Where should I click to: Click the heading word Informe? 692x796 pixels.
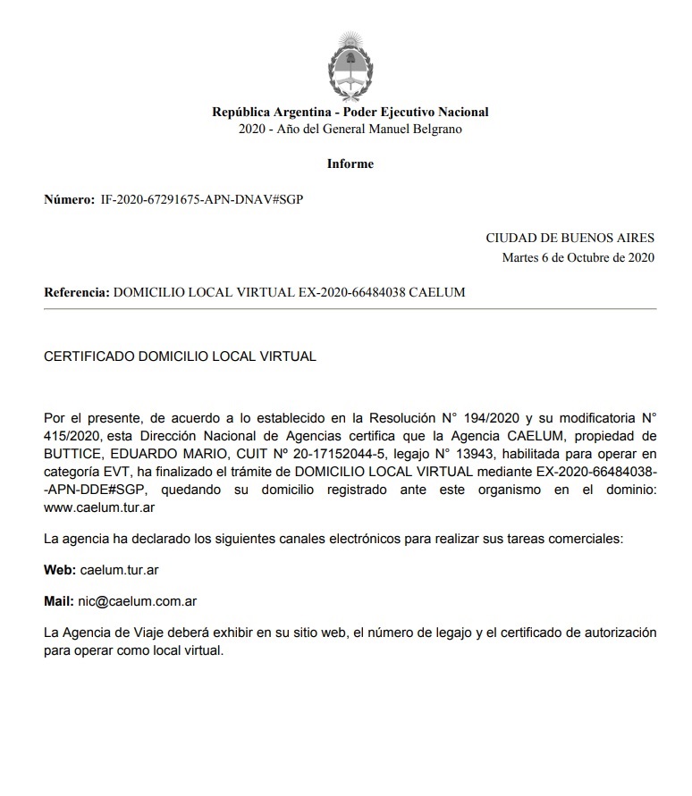click(x=350, y=163)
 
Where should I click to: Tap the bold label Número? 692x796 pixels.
click(x=69, y=199)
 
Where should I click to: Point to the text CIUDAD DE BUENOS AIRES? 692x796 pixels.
click(x=570, y=238)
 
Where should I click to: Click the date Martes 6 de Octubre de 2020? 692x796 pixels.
click(x=578, y=258)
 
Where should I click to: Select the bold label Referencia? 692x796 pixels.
click(x=77, y=292)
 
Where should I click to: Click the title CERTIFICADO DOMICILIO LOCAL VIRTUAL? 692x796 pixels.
click(x=180, y=356)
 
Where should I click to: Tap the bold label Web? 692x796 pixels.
click(x=60, y=569)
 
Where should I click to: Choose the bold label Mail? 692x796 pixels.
click(x=60, y=601)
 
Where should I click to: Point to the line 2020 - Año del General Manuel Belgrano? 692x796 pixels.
click(x=350, y=129)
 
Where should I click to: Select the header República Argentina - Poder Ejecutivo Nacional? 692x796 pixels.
click(x=350, y=112)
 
